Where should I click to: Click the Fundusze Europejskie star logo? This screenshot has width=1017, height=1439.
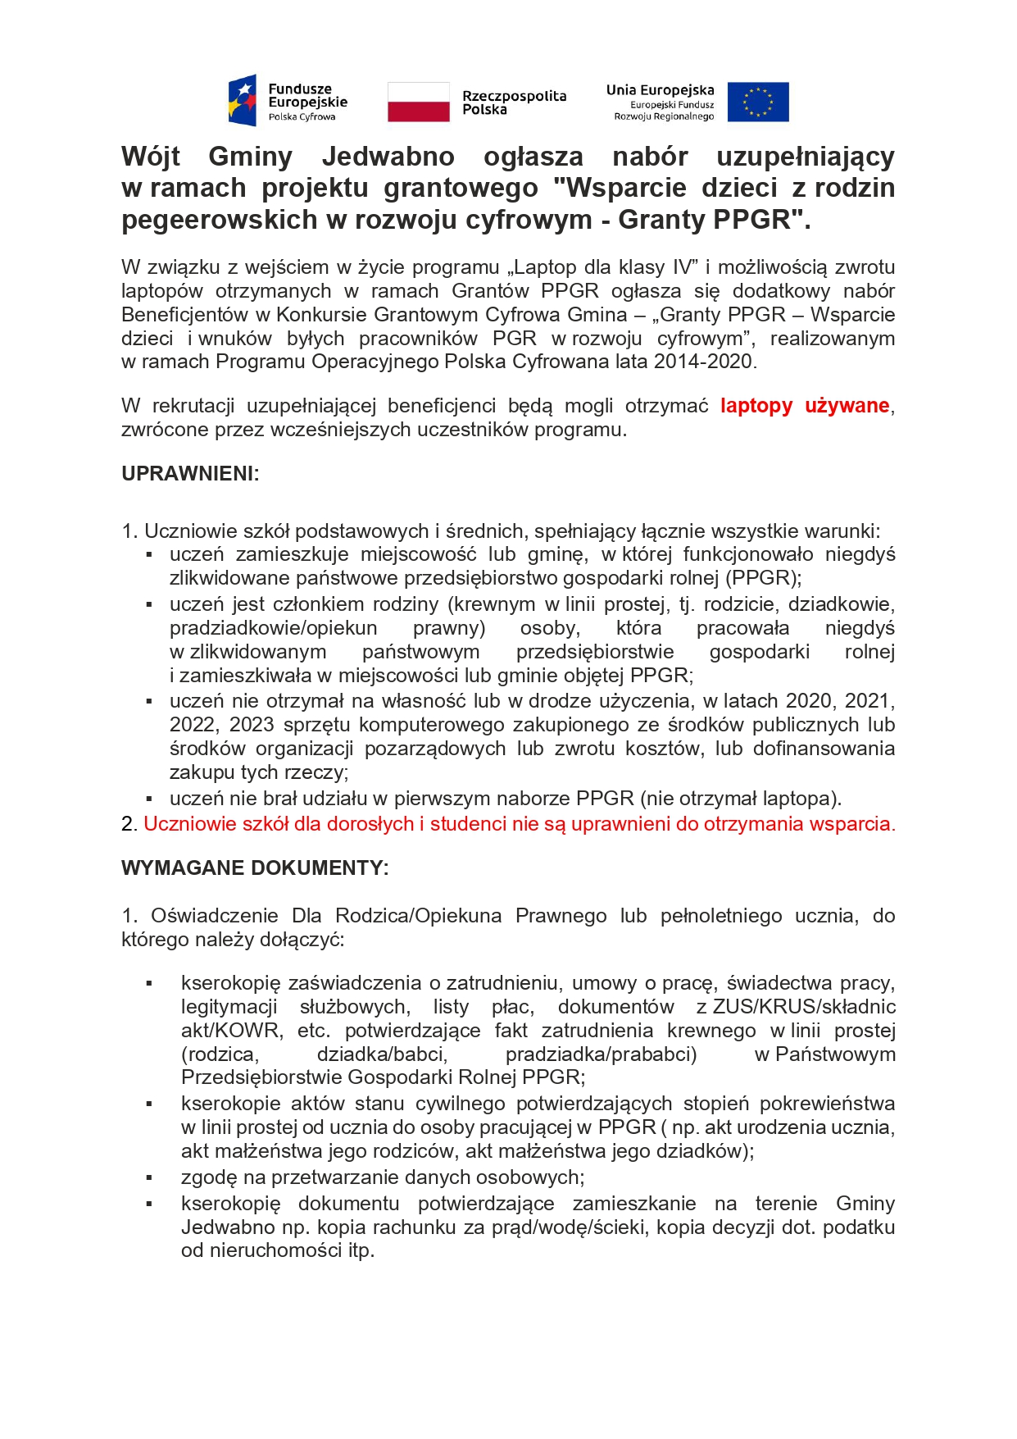243,101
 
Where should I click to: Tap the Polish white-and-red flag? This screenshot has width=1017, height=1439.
418,102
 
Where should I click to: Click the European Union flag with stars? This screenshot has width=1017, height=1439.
757,102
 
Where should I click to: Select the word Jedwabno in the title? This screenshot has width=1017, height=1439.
388,157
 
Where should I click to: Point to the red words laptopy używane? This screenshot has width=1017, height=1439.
805,406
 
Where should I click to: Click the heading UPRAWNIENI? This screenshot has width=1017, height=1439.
190,474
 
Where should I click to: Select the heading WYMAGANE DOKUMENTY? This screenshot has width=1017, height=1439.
255,868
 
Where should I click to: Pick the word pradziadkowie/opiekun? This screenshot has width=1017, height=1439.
274,629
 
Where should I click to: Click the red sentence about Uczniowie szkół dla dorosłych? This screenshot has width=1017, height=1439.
520,824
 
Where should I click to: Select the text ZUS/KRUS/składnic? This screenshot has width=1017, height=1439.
804,1007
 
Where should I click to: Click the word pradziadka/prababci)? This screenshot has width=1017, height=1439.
601,1054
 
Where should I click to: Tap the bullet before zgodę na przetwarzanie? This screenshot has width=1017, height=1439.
149,1178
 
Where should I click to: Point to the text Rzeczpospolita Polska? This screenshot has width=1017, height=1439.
514,102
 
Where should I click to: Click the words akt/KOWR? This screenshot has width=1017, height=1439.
232,1031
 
